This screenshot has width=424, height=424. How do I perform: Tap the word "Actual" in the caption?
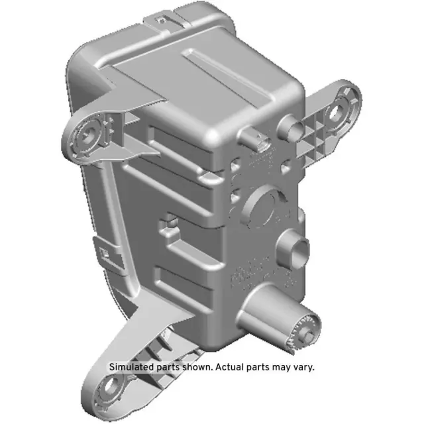click(231, 366)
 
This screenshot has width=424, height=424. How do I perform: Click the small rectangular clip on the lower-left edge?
click(105, 252)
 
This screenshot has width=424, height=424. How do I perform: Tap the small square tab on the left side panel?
click(170, 219)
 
